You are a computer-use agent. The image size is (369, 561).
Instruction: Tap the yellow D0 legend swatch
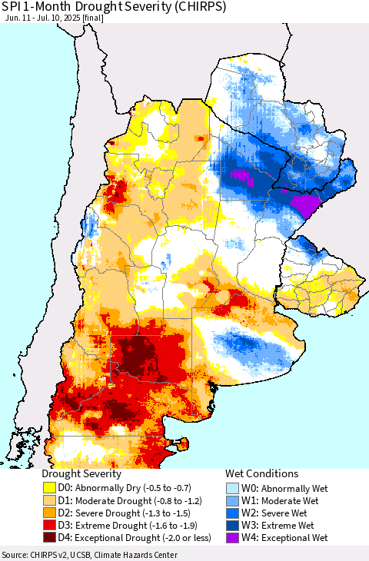51,487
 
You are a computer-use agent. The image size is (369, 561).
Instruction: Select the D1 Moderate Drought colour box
51,500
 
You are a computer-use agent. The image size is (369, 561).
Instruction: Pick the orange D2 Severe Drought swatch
51,513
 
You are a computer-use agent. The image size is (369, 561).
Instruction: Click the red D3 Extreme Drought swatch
51,525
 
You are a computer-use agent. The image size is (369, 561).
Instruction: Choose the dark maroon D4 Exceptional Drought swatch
51,537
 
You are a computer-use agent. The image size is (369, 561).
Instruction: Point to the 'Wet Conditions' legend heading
261,473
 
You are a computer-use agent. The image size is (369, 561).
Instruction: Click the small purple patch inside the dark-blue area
242,175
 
